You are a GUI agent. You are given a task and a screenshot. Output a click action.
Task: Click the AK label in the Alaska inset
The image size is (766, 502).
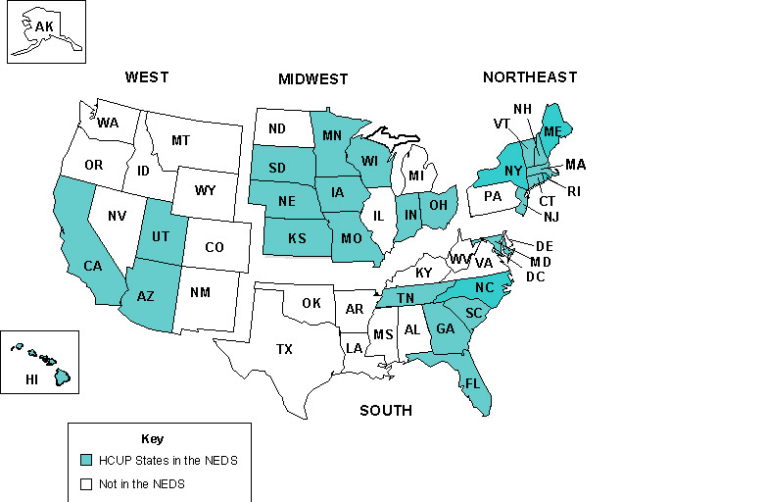point(44,26)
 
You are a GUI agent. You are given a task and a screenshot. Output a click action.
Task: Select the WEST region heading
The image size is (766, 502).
point(147,77)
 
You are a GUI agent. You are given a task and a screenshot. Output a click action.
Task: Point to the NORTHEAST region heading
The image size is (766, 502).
point(530,77)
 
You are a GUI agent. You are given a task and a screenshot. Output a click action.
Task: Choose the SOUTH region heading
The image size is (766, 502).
point(386,411)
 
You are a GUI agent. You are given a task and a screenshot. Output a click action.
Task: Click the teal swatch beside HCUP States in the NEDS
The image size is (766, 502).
point(87,459)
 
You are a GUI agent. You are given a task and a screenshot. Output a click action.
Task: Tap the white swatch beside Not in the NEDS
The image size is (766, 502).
point(87,483)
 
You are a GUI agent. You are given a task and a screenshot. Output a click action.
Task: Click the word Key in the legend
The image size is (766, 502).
point(153,438)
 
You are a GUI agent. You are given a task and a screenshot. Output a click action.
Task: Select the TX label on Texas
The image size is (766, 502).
point(284,349)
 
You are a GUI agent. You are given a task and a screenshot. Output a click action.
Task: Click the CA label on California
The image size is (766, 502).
point(93,266)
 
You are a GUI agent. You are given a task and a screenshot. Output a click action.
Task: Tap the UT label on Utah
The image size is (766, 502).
point(163,237)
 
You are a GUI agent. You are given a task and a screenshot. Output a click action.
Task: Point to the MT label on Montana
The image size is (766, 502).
point(180,141)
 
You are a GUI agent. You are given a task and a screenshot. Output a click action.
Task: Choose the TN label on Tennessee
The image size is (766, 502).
point(404,299)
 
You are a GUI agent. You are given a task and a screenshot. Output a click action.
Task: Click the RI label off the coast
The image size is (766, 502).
point(574,191)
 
